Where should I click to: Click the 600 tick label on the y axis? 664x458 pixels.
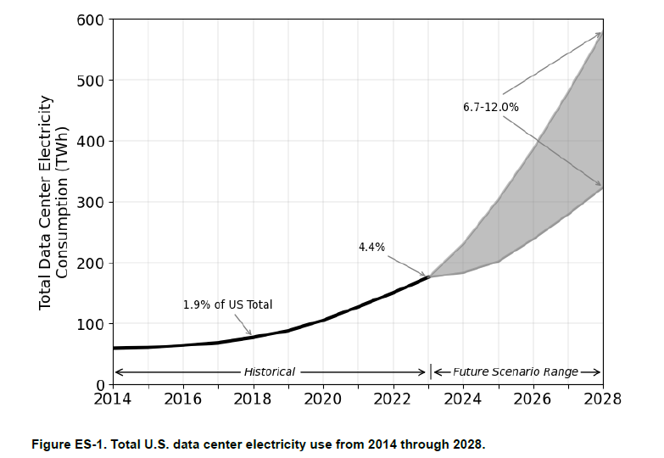click(x=91, y=20)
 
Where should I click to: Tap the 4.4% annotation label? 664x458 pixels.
click(x=371, y=247)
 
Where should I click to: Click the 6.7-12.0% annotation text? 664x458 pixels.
click(x=490, y=107)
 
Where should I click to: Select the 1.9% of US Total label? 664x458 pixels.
click(x=227, y=304)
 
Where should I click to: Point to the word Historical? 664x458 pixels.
click(x=270, y=372)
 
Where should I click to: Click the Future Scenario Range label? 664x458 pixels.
click(x=516, y=372)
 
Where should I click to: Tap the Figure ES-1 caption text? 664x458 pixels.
click(x=258, y=444)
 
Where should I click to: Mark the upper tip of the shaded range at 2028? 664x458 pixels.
click(x=601, y=33)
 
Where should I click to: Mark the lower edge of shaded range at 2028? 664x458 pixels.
click(x=601, y=187)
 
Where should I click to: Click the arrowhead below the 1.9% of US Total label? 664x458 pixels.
click(x=250, y=334)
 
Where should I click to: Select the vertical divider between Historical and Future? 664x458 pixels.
click(x=432, y=371)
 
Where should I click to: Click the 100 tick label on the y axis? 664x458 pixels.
click(x=91, y=324)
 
